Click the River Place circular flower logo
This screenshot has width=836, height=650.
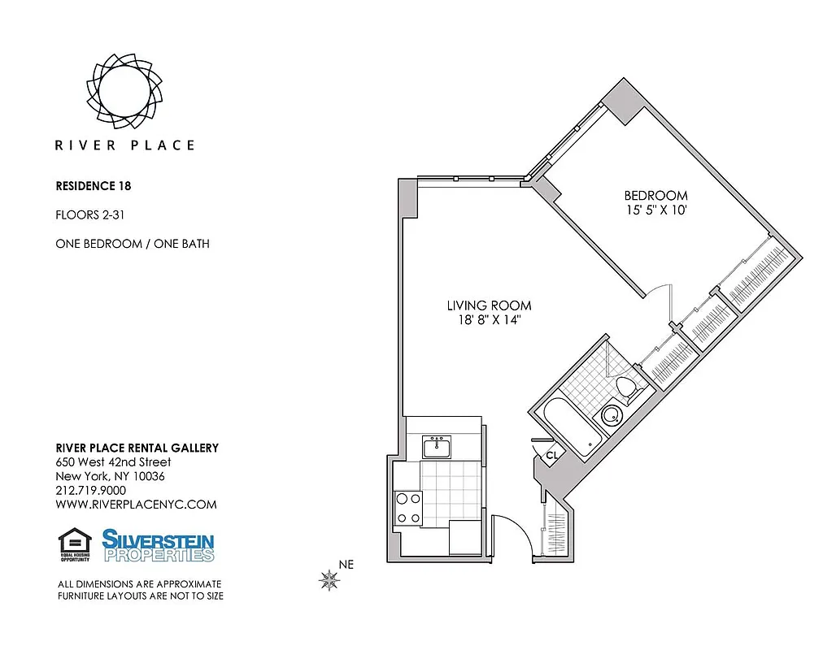(124, 86)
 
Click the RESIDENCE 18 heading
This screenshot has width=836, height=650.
(94, 185)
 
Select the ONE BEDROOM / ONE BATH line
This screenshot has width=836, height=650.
(133, 244)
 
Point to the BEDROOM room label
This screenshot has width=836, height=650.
(655, 196)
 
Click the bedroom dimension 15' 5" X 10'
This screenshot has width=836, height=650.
(655, 210)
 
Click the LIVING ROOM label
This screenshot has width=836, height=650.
(489, 305)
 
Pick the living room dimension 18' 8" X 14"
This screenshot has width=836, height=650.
(489, 320)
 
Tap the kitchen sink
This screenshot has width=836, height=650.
(438, 446)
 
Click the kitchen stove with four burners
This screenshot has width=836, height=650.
(407, 508)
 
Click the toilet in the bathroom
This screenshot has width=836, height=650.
(627, 388)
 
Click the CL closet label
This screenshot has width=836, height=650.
(551, 456)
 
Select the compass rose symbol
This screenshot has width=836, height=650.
(329, 580)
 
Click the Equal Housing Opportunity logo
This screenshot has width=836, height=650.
(75, 545)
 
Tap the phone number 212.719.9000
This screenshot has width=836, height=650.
(90, 490)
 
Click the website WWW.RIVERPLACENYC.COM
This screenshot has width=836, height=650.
(136, 505)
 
